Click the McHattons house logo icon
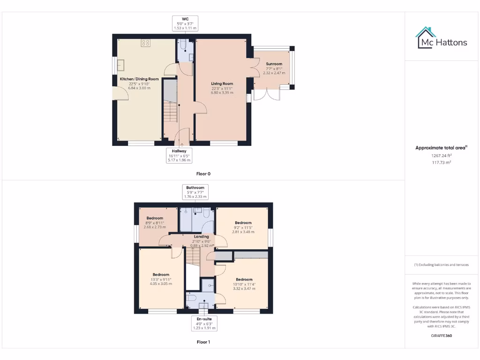click(x=425, y=37)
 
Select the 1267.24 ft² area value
click(x=442, y=156)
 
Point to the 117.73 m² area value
click(x=442, y=163)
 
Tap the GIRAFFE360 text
click(x=442, y=336)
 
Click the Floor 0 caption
click(x=203, y=174)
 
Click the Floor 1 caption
click(x=203, y=342)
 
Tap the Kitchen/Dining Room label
click(x=139, y=79)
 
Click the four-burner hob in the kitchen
click(x=145, y=43)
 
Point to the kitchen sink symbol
click(x=121, y=65)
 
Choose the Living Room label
click(x=222, y=84)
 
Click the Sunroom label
click(x=274, y=64)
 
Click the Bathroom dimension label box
click(x=195, y=192)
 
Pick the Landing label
click(x=202, y=237)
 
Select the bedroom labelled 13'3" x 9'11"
click(x=160, y=279)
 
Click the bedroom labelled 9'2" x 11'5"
click(x=243, y=227)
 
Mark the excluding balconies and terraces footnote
click(x=441, y=265)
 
